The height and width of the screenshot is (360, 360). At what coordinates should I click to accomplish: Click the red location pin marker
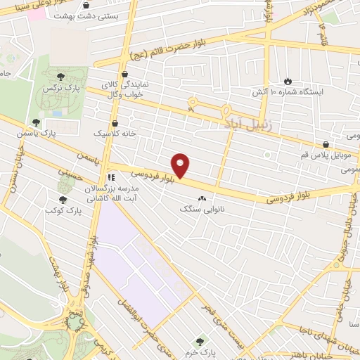181,165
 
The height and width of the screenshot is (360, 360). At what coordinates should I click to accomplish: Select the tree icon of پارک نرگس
62,79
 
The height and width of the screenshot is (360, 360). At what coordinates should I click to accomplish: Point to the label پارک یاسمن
58,132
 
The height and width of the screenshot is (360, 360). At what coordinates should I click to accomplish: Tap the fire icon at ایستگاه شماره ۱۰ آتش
287,81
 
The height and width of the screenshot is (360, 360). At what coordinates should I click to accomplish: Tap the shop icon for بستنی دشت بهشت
85,6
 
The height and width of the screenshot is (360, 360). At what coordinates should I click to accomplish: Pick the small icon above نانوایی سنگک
203,198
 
